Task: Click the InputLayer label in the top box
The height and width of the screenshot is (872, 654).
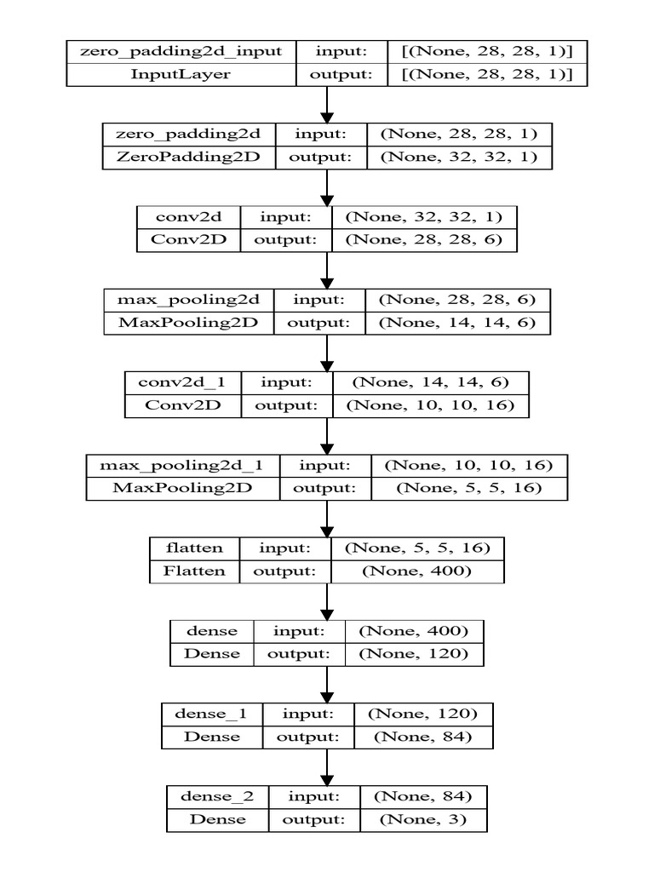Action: pyautogui.click(x=181, y=74)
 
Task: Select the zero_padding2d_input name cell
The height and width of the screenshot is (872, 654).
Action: pyautogui.click(x=181, y=51)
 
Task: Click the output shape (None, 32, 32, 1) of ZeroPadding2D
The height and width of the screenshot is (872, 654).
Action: pyautogui.click(x=454, y=157)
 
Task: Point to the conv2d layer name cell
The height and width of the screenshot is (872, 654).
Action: pyautogui.click(x=188, y=217)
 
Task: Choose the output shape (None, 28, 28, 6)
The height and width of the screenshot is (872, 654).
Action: pyautogui.click(x=424, y=240)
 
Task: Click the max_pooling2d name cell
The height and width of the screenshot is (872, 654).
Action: pyautogui.click(x=189, y=300)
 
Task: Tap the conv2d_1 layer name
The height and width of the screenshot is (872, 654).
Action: pyautogui.click(x=183, y=382)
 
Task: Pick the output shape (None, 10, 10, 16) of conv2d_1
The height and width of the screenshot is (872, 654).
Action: pyautogui.click(x=430, y=405)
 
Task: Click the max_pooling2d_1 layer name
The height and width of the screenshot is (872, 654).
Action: pyautogui.click(x=181, y=466)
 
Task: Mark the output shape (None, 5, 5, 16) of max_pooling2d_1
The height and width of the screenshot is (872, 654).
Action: pyautogui.click(x=469, y=489)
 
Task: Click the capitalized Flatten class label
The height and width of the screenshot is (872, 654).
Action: pyautogui.click(x=194, y=571)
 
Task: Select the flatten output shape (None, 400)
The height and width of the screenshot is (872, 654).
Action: pyautogui.click(x=416, y=571)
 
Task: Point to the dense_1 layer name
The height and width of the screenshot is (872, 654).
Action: pyautogui.click(x=211, y=714)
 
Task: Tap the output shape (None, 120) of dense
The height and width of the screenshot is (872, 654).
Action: pyautogui.click(x=414, y=654)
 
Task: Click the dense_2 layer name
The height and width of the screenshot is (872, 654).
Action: pyautogui.click(x=217, y=796)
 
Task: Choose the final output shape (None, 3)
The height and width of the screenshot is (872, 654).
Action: pyautogui.click(x=423, y=819)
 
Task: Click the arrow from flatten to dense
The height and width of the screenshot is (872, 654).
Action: pyautogui.click(x=327, y=601)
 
